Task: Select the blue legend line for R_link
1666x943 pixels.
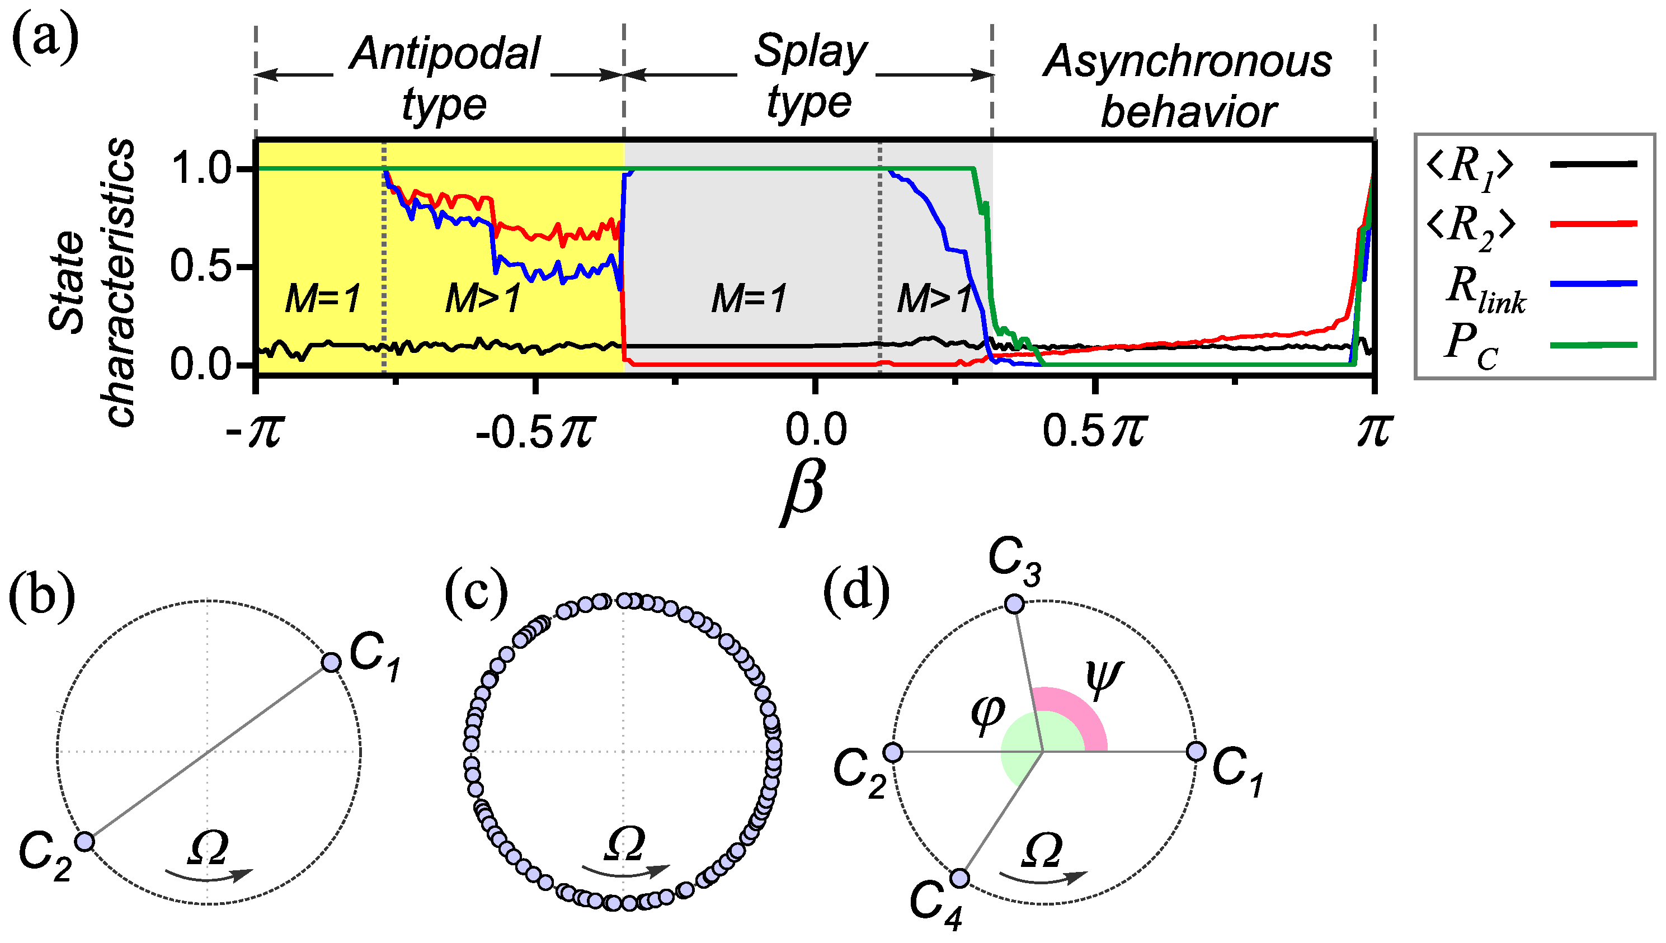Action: tap(1593, 284)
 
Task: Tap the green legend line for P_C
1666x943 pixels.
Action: tap(1593, 345)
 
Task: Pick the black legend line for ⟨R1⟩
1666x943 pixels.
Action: tap(1593, 164)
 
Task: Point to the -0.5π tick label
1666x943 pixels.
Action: tap(534, 431)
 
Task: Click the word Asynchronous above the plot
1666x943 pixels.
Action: tap(1187, 62)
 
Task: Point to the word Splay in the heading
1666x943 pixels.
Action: tap(810, 50)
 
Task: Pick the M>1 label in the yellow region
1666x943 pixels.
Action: tap(483, 299)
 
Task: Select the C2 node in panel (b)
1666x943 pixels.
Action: tap(84, 841)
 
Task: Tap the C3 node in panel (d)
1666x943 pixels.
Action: tap(1014, 604)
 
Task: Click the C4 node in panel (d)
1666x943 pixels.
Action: tap(959, 878)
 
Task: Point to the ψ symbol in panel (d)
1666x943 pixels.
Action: tap(1104, 680)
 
